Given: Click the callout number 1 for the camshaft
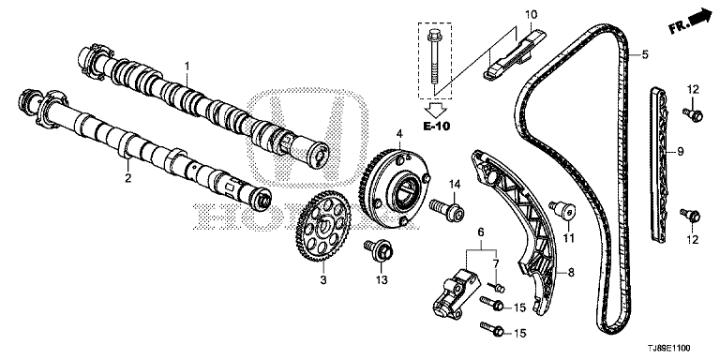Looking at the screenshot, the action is [x=187, y=67].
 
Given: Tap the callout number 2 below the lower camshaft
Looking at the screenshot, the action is [x=128, y=177].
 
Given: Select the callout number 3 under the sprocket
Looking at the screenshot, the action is [x=323, y=278].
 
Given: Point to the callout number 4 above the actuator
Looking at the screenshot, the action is [x=399, y=134].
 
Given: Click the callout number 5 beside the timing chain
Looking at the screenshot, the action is [x=645, y=55].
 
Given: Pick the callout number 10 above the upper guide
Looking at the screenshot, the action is [x=531, y=15].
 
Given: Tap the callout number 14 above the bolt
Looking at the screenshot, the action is [x=454, y=185].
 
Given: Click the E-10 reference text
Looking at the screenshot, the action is [x=435, y=127].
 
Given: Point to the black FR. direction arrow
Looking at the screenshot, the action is [x=699, y=19].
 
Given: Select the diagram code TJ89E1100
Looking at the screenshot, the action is [x=668, y=350].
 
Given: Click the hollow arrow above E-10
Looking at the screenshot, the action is [x=435, y=110].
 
